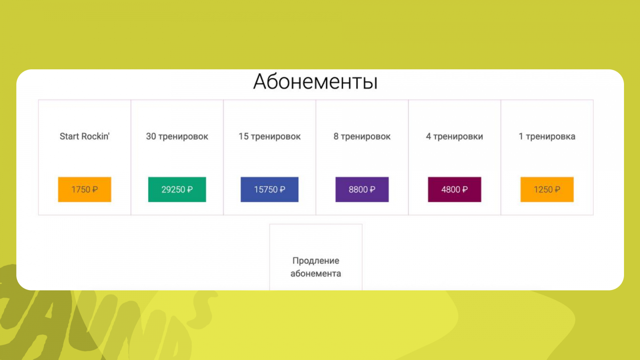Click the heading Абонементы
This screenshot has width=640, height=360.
click(316, 82)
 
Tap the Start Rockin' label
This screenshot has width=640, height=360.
click(84, 136)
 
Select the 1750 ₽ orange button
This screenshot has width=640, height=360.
click(84, 190)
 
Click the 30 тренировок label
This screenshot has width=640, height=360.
click(177, 136)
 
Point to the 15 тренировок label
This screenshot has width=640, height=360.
click(270, 136)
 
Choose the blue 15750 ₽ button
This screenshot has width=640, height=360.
click(270, 190)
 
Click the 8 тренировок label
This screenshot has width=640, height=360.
click(362, 136)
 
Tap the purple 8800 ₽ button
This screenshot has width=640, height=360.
click(362, 190)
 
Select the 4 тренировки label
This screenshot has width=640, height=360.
click(454, 136)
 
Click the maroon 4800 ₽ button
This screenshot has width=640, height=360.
click(454, 190)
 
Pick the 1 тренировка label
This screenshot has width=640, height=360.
click(547, 136)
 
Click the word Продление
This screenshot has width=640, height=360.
click(316, 261)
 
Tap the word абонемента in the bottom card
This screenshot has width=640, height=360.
click(316, 274)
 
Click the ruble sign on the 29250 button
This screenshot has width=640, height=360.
click(190, 190)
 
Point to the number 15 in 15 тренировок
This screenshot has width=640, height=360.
click(244, 136)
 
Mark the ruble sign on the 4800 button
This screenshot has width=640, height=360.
click(464, 190)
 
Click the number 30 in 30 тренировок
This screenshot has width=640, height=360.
click(151, 136)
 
